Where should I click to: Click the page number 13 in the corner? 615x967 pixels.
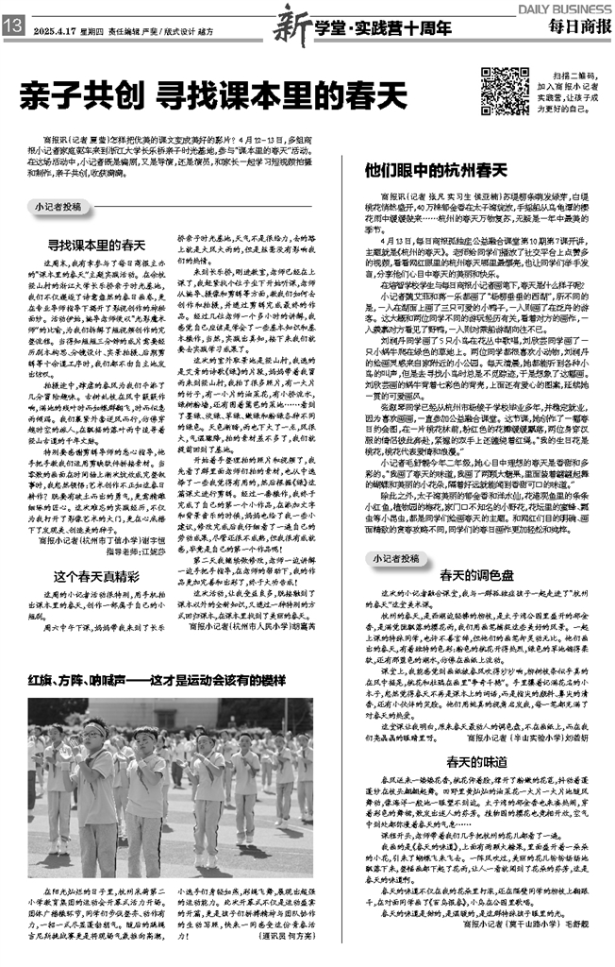13,29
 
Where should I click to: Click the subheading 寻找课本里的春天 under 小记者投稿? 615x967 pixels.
97,244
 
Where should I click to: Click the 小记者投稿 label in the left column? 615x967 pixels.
58,205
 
